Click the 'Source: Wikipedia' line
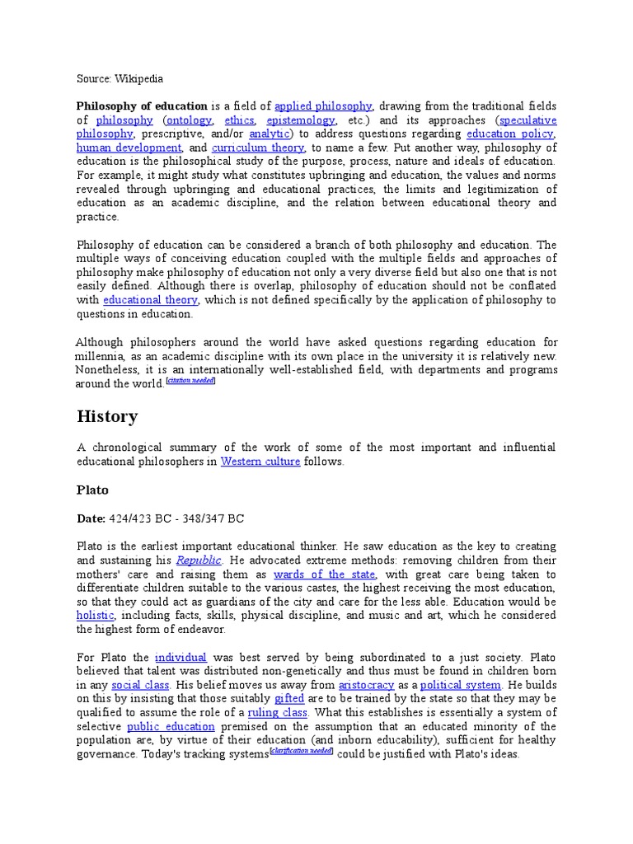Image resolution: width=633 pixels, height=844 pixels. [x=120, y=79]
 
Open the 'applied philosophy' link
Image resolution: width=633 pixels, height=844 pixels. [x=323, y=106]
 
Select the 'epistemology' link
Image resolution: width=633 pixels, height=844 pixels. [x=301, y=120]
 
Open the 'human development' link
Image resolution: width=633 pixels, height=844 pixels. [x=129, y=148]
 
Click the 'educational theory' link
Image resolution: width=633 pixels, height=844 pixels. [x=150, y=300]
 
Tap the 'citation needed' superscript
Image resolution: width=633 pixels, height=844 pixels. [x=190, y=382]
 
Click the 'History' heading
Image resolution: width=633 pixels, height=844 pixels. [x=107, y=416]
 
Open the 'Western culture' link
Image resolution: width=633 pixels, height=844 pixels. [x=260, y=462]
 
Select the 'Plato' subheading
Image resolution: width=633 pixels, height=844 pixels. [x=92, y=490]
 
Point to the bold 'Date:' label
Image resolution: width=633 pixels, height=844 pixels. [x=91, y=518]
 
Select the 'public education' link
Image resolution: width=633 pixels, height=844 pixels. [x=171, y=726]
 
